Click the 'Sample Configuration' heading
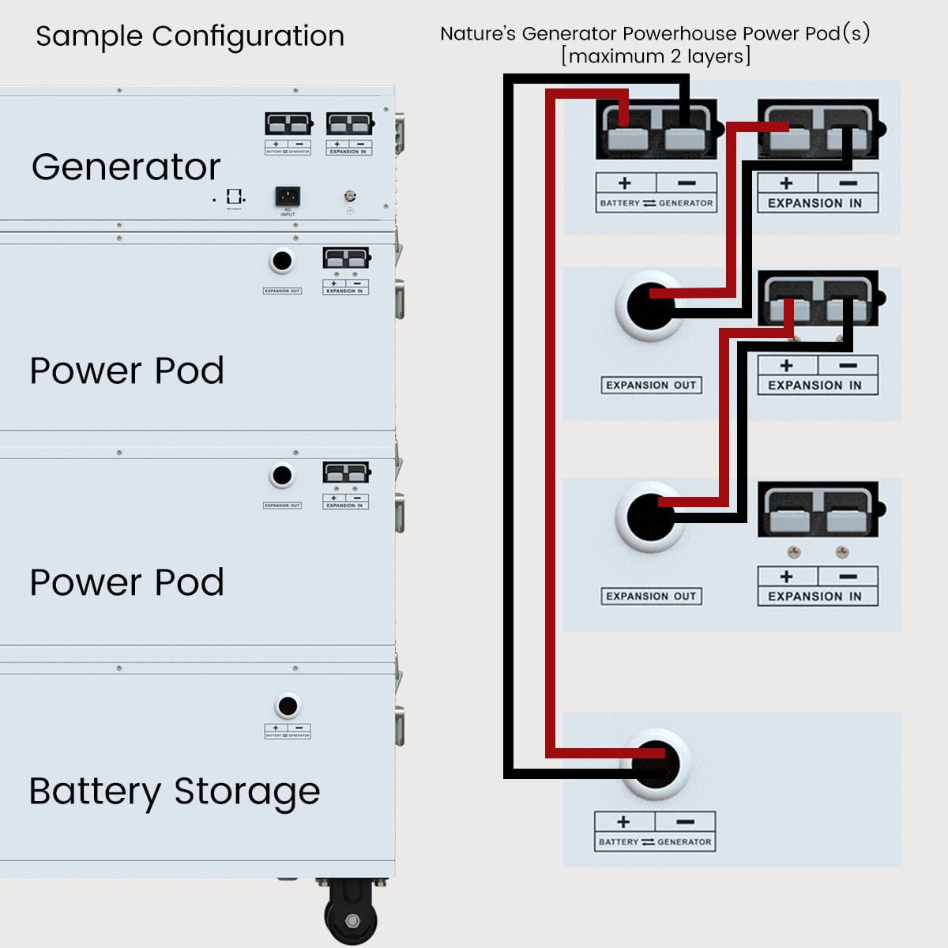pyautogui.click(x=190, y=36)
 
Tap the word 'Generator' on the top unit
pyautogui.click(x=126, y=167)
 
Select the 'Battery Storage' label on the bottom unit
pyautogui.click(x=175, y=791)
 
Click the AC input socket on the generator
pyautogui.click(x=287, y=196)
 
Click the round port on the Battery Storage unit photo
pyautogui.click(x=288, y=705)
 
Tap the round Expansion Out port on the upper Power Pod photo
pyautogui.click(x=281, y=261)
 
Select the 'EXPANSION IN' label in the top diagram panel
pyautogui.click(x=815, y=203)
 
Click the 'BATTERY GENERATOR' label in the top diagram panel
pyautogui.click(x=656, y=203)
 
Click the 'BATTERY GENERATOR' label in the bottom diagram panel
pyautogui.click(x=655, y=842)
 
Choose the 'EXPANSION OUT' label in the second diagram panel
pyautogui.click(x=651, y=386)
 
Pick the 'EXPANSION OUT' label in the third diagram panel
pyautogui.click(x=651, y=596)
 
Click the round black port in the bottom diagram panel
pyautogui.click(x=655, y=765)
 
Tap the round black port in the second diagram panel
pyautogui.click(x=650, y=306)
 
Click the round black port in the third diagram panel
pyautogui.click(x=650, y=517)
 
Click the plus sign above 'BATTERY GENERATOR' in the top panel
pyautogui.click(x=625, y=183)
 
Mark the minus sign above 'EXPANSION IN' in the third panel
pyautogui.click(x=848, y=577)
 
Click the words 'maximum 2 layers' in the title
pyautogui.click(x=656, y=57)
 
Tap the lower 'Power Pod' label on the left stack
pyautogui.click(x=126, y=582)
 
